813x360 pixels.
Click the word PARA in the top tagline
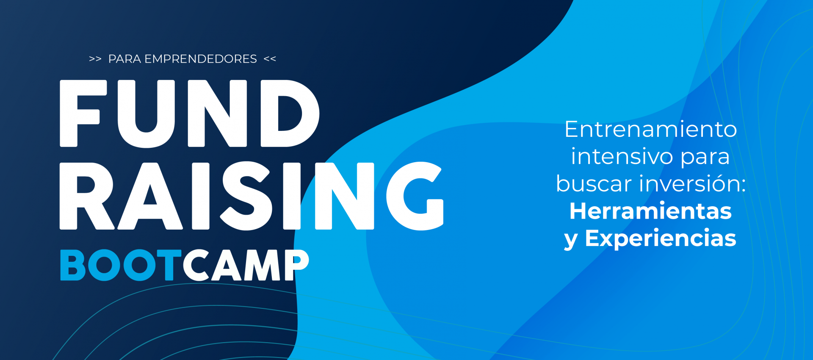click(x=124, y=59)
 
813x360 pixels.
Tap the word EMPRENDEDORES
click(x=201, y=59)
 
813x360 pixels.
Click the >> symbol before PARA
click(x=95, y=59)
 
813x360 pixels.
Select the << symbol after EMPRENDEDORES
click(x=270, y=59)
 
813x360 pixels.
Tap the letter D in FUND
click(x=290, y=114)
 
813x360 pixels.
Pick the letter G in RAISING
click(x=415, y=196)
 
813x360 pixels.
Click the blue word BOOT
click(x=121, y=265)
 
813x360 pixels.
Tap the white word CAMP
click(x=246, y=265)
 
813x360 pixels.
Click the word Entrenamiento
click(x=651, y=129)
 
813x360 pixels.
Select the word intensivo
click(x=622, y=156)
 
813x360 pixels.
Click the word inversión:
click(x=692, y=184)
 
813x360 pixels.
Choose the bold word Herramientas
click(x=651, y=211)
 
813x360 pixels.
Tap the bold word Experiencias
click(x=661, y=238)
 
